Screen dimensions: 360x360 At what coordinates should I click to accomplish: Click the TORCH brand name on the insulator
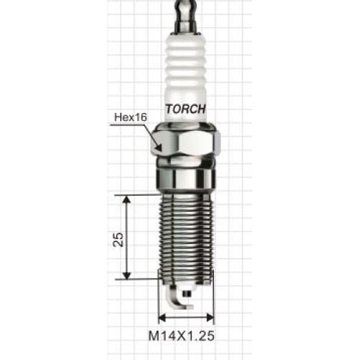(186, 109)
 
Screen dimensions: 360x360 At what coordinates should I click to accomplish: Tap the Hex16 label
(130, 117)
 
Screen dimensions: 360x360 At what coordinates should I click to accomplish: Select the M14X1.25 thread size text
(181, 336)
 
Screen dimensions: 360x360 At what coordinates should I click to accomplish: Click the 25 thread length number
(118, 239)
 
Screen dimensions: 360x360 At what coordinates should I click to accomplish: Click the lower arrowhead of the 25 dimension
(127, 275)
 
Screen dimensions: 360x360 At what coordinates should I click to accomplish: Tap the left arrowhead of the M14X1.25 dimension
(162, 318)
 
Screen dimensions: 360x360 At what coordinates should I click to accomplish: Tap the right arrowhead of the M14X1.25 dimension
(210, 318)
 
